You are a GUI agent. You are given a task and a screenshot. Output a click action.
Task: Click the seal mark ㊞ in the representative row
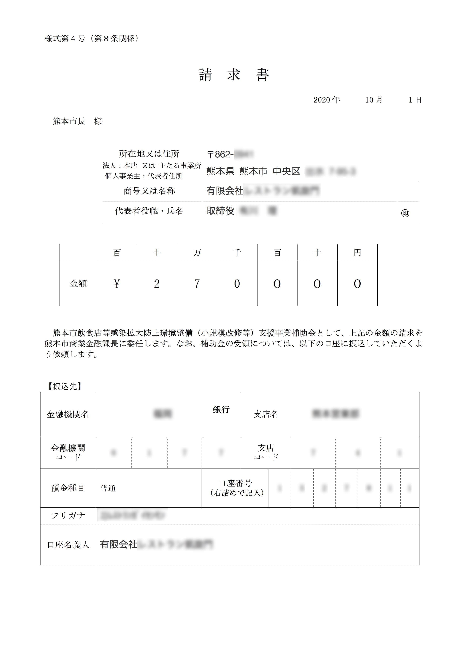tap(405, 213)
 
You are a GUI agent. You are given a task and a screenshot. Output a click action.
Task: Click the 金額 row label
tap(78, 284)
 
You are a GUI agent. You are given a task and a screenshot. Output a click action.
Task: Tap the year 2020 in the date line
tap(322, 100)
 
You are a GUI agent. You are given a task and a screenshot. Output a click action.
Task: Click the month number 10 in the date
tap(369, 100)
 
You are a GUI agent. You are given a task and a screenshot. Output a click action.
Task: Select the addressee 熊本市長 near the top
tap(69, 121)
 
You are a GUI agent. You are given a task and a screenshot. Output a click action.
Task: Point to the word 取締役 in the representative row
tap(220, 211)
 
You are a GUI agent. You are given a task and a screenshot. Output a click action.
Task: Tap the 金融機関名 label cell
tap(68, 415)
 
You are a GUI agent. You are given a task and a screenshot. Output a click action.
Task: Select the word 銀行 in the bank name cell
tap(221, 410)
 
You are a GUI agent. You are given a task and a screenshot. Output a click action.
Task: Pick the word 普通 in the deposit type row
tap(108, 488)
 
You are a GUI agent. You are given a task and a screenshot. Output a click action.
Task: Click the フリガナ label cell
tap(68, 516)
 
